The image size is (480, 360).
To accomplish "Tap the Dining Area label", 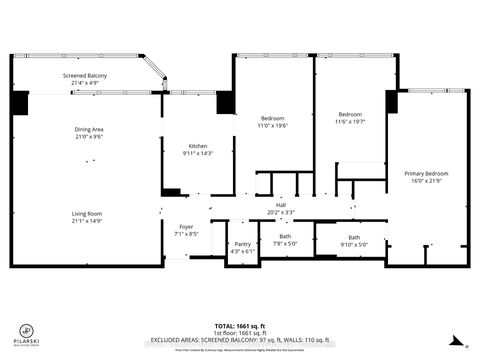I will click(89, 128).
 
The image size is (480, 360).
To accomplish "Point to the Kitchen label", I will click(198, 146).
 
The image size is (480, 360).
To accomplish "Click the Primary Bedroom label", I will click(426, 174).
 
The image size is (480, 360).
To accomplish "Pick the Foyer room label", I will click(186, 227).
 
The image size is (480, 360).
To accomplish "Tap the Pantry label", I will click(242, 243).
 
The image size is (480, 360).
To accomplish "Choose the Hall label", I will click(281, 205).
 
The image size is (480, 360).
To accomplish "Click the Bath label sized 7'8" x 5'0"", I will click(285, 237).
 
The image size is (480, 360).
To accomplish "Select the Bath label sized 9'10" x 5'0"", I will click(354, 237).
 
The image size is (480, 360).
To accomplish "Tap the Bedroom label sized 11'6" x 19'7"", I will click(351, 114).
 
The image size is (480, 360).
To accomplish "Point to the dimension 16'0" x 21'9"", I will click(426, 181).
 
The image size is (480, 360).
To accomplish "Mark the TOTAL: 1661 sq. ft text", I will click(240, 326).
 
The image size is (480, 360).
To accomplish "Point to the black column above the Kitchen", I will click(225, 102).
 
